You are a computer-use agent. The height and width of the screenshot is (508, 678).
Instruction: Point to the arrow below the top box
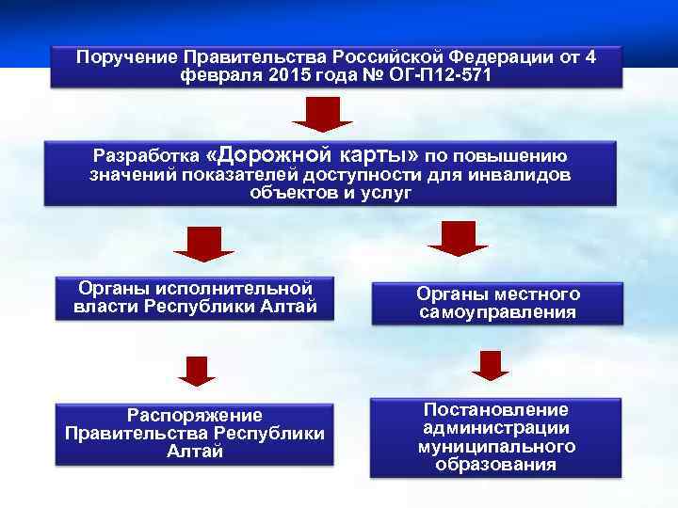[x=321, y=114]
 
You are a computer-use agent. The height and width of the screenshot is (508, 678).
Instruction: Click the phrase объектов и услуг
[x=331, y=192]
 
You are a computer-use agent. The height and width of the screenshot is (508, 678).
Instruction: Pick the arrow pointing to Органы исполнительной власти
[x=203, y=243]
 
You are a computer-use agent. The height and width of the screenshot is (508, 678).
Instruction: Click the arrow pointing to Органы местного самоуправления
[x=458, y=239]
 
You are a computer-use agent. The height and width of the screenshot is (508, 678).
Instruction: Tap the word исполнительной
[x=243, y=288]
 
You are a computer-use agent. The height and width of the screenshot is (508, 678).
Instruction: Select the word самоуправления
[x=497, y=312]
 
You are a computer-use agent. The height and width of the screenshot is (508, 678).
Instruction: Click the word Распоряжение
[x=195, y=415]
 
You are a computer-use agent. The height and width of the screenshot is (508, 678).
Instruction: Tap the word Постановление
[x=495, y=410]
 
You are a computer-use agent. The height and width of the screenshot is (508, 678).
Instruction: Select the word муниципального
[x=495, y=446]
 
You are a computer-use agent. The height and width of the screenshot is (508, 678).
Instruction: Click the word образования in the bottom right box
[x=495, y=464]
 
